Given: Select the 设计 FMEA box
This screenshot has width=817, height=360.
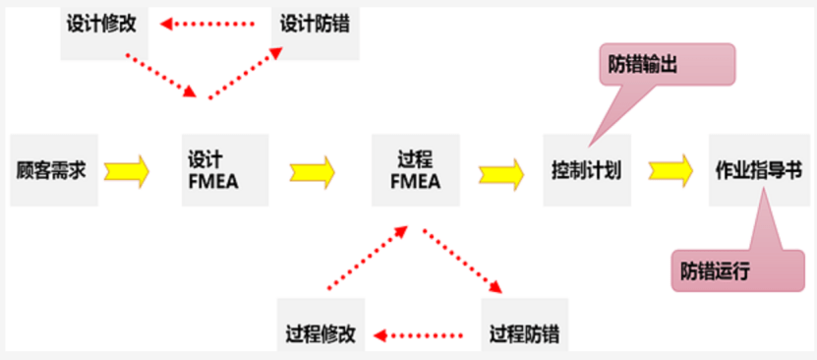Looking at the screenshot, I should point(225,169).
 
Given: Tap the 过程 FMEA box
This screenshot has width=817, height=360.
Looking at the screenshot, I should point(413,169).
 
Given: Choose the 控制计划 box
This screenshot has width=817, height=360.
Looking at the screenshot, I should point(586,169).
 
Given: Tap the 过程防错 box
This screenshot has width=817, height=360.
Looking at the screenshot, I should point(525,333).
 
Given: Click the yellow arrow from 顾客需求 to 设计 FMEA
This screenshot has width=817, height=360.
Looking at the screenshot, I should point(126,170).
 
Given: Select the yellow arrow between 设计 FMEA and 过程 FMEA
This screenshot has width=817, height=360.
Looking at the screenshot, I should point(312,171).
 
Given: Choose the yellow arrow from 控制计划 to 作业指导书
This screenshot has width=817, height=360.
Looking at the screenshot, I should point(671,170).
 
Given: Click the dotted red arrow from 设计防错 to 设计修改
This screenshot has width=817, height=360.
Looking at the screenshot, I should point(213,22).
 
